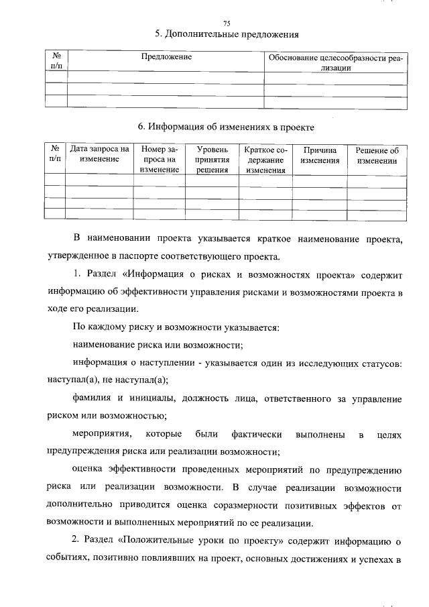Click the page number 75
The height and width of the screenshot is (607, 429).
click(x=226, y=23)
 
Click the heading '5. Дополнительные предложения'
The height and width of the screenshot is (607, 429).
click(x=226, y=34)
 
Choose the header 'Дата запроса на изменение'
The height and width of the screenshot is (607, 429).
click(x=99, y=155)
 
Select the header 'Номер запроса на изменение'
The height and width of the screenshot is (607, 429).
click(x=160, y=160)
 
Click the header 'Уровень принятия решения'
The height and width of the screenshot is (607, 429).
click(x=212, y=160)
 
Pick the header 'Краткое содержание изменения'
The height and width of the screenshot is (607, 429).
click(x=265, y=160)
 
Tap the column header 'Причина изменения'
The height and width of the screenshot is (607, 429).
click(x=320, y=155)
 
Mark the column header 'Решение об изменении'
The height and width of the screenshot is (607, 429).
click(x=377, y=155)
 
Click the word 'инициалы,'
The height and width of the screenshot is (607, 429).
click(x=156, y=398)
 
